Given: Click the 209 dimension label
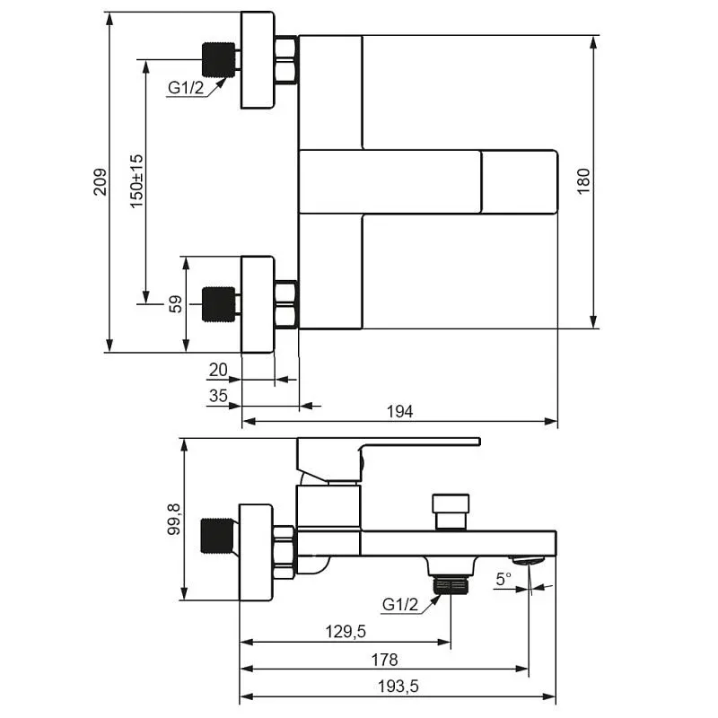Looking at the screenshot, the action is [x=101, y=182].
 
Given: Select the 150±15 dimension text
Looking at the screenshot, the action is [x=136, y=182].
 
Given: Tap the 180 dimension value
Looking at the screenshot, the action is [x=584, y=182].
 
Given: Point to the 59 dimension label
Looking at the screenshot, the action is [x=175, y=304].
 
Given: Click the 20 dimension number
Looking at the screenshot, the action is [x=218, y=370].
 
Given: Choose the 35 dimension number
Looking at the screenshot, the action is [x=218, y=396].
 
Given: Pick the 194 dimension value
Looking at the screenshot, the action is [x=399, y=412].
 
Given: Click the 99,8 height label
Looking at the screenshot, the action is [x=174, y=520].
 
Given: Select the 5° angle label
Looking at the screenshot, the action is [x=503, y=579].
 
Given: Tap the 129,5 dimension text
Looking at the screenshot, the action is [x=346, y=632].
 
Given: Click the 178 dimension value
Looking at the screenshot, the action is [x=385, y=660].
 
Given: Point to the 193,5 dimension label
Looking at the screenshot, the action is [x=398, y=687].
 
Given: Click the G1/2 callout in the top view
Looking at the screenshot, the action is [x=186, y=87].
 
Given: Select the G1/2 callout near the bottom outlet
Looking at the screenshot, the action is [x=400, y=604].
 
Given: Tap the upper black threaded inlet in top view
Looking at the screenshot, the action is [x=218, y=59].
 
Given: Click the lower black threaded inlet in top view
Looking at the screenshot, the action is [x=218, y=304].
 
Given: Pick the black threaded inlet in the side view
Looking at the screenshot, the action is [x=217, y=536].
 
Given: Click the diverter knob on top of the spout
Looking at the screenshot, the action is [x=451, y=511].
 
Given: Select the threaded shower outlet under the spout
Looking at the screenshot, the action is [x=451, y=585].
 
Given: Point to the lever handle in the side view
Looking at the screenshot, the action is [x=389, y=460].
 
